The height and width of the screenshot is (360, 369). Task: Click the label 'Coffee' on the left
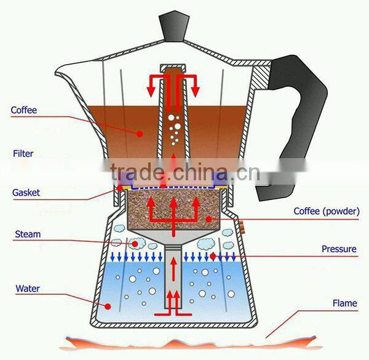(x=24, y=111)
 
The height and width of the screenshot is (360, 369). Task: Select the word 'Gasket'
(x=26, y=193)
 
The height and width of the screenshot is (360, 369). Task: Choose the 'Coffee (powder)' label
(x=326, y=212)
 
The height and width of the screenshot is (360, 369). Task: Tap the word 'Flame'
(x=344, y=303)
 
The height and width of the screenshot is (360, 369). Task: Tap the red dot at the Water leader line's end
(x=108, y=306)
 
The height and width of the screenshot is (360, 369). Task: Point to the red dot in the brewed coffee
(x=140, y=132)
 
